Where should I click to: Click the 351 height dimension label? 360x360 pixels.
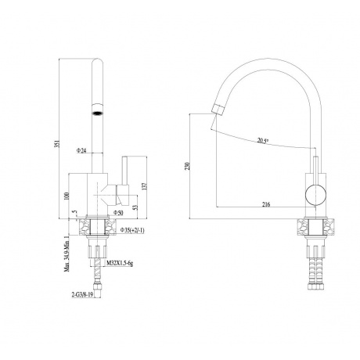(x=59, y=144)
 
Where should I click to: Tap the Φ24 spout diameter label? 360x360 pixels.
(x=81, y=150)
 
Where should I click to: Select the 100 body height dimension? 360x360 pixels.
(x=67, y=196)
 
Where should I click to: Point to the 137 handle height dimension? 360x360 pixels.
(x=146, y=185)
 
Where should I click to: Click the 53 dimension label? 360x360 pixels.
(x=135, y=207)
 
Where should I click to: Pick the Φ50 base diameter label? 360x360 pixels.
(x=118, y=213)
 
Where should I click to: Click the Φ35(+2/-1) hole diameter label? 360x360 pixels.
(x=132, y=230)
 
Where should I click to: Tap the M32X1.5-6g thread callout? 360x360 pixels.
(x=120, y=264)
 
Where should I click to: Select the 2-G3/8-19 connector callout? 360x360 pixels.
(x=82, y=296)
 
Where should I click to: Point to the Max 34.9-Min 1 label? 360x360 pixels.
(x=67, y=254)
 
